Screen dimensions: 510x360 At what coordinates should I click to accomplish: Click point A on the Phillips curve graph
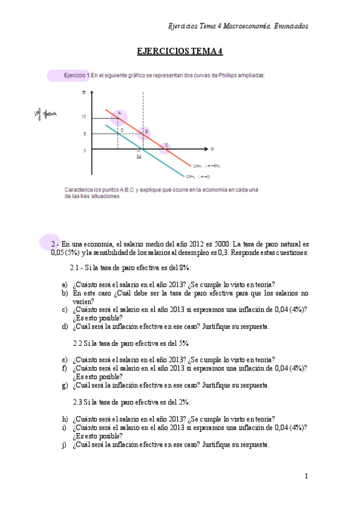coord(119,113)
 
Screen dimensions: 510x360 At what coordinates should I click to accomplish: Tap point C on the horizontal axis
coord(166,146)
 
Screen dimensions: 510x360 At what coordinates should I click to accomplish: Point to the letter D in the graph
coord(122,130)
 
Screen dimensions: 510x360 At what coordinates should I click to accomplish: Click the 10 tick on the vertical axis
coord(85,117)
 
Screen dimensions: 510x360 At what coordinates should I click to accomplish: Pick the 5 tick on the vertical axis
coord(86,134)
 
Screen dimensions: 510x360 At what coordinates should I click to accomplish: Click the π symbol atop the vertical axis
coord(84,94)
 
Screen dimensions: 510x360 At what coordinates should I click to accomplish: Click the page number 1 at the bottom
coord(306,476)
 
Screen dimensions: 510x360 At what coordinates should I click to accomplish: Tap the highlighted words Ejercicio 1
coord(77,75)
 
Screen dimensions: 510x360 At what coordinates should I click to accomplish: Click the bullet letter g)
coord(64,385)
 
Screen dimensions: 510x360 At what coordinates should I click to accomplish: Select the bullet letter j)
coord(64,445)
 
